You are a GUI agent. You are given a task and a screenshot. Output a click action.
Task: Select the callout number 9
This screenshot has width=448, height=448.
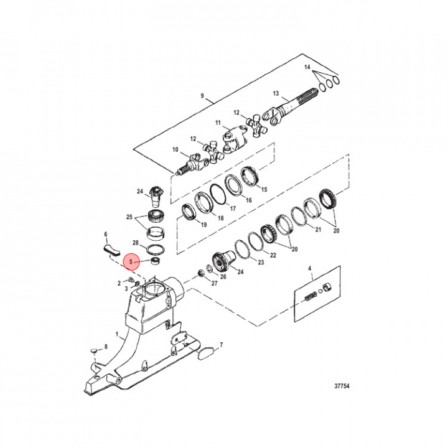(x=202, y=96)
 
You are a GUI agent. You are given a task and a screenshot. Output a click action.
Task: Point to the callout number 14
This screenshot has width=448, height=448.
(x=307, y=67)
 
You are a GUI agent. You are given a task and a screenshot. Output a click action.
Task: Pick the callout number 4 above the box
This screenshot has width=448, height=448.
(x=309, y=268)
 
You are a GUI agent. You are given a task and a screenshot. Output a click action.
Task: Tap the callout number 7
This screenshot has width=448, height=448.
(x=221, y=344)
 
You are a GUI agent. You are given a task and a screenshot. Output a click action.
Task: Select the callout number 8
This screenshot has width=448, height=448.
(x=106, y=346)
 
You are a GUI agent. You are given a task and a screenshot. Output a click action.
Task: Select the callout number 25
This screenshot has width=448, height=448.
(x=130, y=218)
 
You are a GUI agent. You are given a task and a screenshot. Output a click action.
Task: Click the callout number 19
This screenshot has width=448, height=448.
(x=186, y=224)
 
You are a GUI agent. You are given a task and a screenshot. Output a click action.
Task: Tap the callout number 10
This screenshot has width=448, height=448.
(x=175, y=150)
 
